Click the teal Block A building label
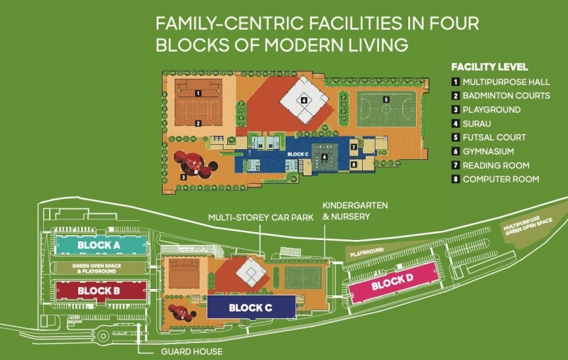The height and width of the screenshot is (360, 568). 99,245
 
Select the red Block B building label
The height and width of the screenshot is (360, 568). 99,290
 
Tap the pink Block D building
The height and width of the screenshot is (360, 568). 392,283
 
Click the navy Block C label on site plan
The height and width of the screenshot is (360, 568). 250,307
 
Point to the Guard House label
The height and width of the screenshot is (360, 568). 191,351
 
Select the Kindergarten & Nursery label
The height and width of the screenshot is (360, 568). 346,210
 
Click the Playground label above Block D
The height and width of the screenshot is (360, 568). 366,251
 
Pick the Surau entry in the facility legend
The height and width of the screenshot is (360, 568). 476,124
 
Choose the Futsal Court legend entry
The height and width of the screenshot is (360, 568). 494,137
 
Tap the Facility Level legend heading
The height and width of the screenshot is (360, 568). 489,67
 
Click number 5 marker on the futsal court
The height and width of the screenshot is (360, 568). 386,100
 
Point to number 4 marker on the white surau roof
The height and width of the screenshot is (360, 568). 303,101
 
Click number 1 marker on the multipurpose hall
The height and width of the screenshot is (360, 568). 198,93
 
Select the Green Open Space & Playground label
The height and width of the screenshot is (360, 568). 99,268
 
